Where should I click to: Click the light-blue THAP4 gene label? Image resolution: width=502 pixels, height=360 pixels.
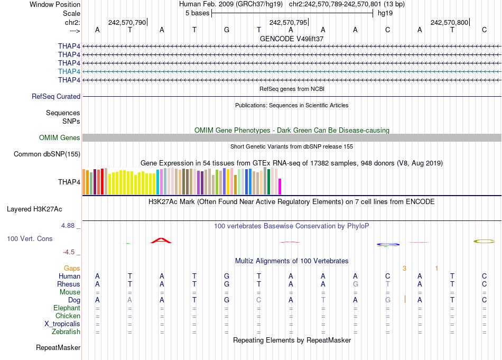tap(69, 71)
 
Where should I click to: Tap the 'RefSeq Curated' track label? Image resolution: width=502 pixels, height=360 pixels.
tap(56, 97)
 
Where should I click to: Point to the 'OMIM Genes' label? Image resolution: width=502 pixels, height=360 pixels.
tap(60, 138)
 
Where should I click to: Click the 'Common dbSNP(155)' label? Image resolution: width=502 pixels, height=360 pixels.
tap(47, 154)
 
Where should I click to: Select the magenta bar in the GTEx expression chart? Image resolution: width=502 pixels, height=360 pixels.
tap(280, 187)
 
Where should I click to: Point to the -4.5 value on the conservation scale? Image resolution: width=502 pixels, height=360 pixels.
tap(70, 252)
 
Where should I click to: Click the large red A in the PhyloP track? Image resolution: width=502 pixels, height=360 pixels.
tap(161, 241)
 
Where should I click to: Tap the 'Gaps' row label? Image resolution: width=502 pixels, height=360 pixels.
tap(72, 269)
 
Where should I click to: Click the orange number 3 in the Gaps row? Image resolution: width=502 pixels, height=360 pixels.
tap(404, 269)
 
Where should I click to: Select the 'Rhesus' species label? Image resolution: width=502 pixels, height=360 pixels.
tap(69, 284)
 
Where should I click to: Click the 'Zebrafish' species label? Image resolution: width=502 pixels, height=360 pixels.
tap(67, 332)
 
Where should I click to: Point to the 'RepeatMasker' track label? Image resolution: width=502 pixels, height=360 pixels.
tap(58, 348)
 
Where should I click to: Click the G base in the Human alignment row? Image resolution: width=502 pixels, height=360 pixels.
tap(227, 276)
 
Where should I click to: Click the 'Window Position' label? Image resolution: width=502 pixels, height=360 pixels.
tap(55, 4)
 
